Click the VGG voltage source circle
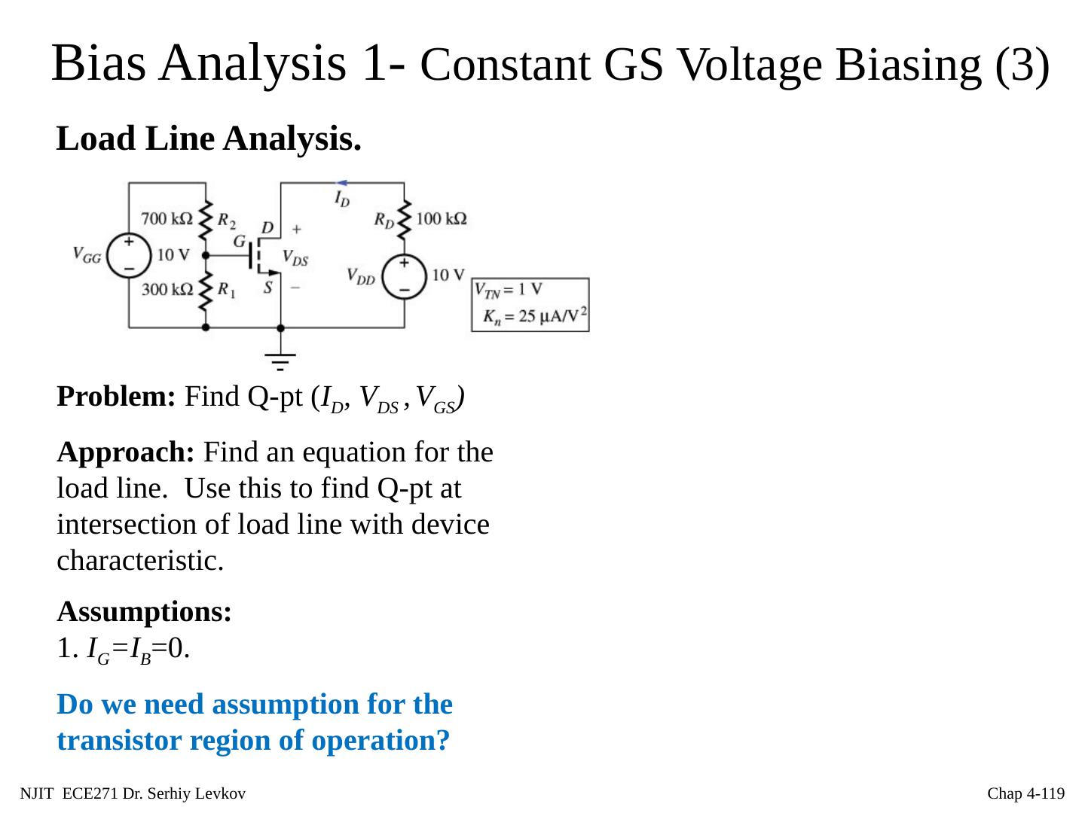(129, 254)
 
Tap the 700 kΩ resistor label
(167, 219)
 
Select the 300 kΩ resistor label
(167, 288)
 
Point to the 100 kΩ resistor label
(441, 219)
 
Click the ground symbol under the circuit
(280, 360)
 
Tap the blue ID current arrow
(341, 183)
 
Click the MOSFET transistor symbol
(260, 257)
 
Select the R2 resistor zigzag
(205, 220)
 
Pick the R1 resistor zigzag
(205, 291)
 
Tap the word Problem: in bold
(116, 396)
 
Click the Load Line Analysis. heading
(209, 139)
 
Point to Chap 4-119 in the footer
(1025, 793)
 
